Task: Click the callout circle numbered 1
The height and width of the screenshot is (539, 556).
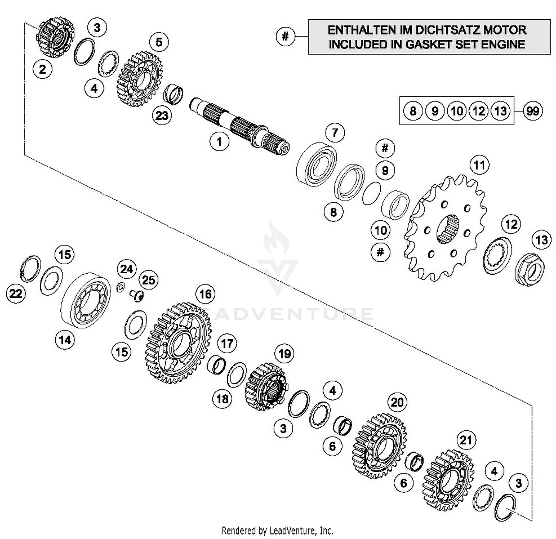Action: point(219,142)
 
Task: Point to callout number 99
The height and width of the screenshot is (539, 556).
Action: point(533,111)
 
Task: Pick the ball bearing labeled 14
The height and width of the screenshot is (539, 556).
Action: point(86,300)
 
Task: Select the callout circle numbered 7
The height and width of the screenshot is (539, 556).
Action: point(335,132)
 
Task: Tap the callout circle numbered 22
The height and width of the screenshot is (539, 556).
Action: point(16,294)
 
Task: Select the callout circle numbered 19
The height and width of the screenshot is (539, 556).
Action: point(284,354)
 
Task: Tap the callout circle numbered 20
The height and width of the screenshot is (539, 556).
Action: point(397,402)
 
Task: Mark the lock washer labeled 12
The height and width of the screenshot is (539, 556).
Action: point(497,256)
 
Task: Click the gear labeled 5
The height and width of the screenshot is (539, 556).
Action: point(140,79)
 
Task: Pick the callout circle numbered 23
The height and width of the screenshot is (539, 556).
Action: point(162,116)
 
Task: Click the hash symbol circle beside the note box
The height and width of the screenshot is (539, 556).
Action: point(285,36)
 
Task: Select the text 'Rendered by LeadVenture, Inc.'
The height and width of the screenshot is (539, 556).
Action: point(277,530)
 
